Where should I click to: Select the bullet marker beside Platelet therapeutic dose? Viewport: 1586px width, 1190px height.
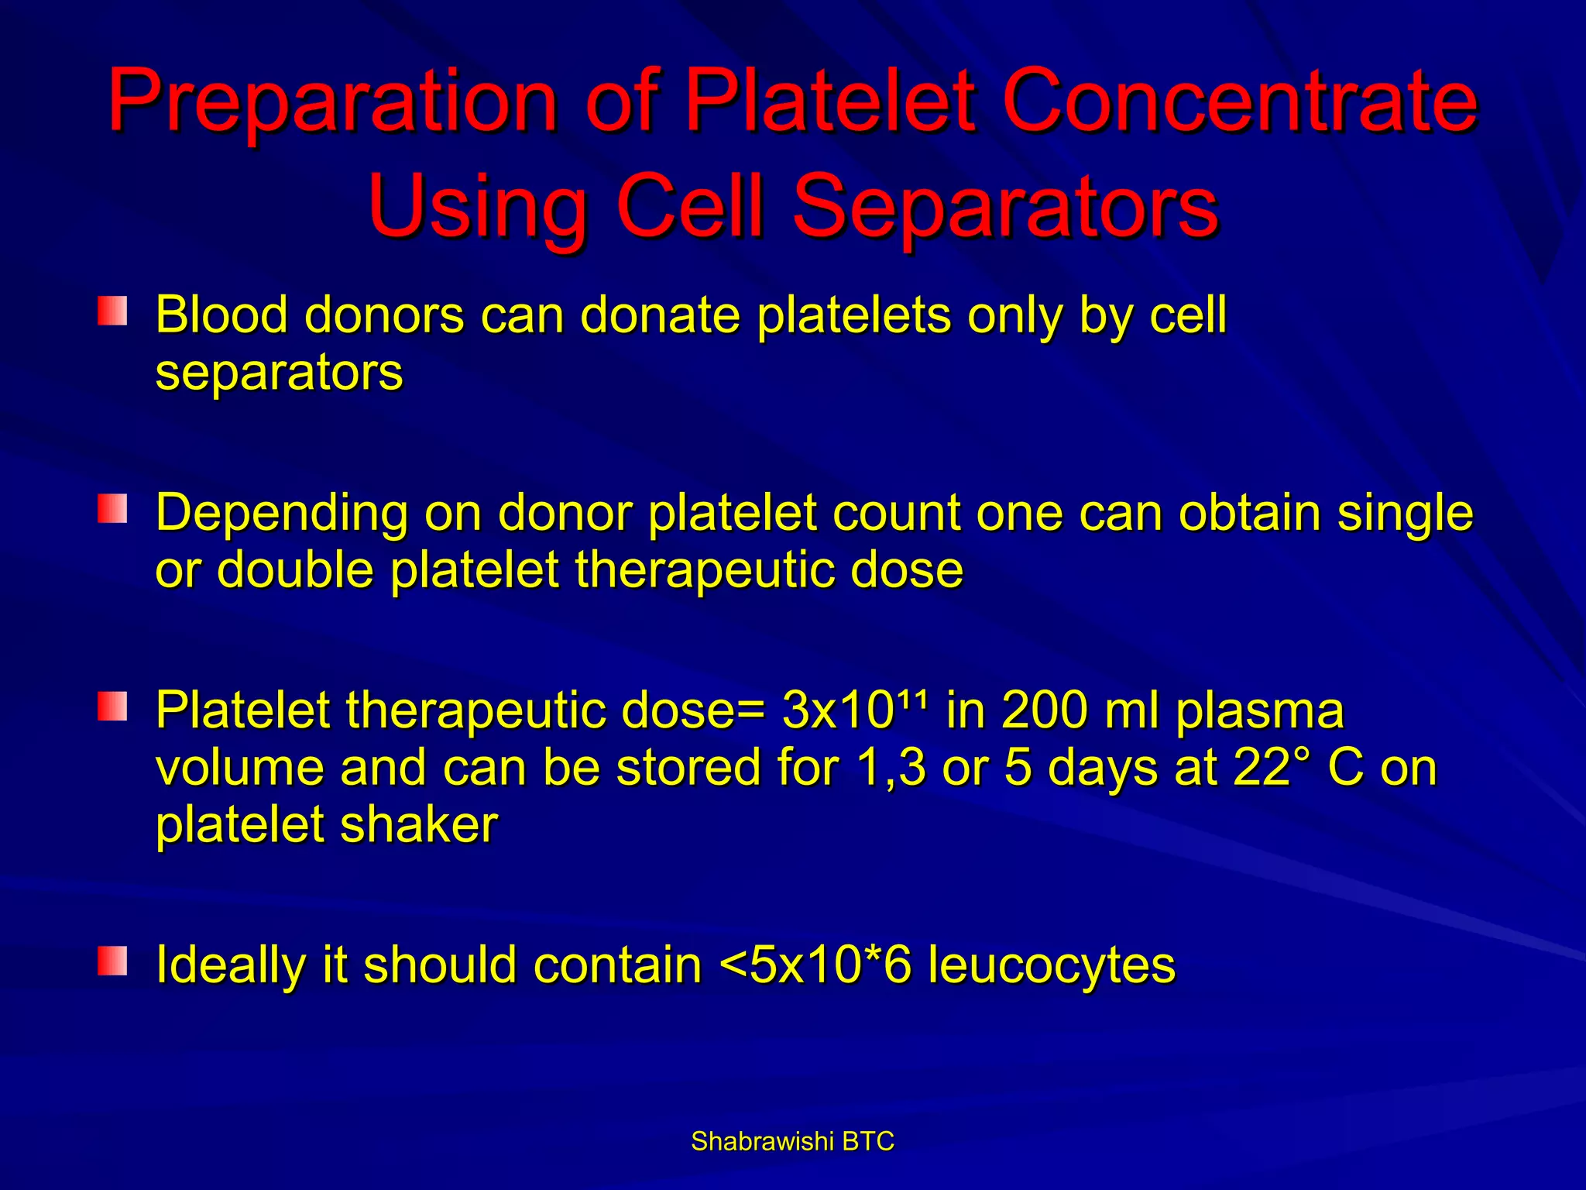112,707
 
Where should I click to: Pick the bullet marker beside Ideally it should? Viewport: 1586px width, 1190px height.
112,961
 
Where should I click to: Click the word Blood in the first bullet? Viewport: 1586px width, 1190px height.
221,315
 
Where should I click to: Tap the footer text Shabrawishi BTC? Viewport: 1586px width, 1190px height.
792,1141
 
